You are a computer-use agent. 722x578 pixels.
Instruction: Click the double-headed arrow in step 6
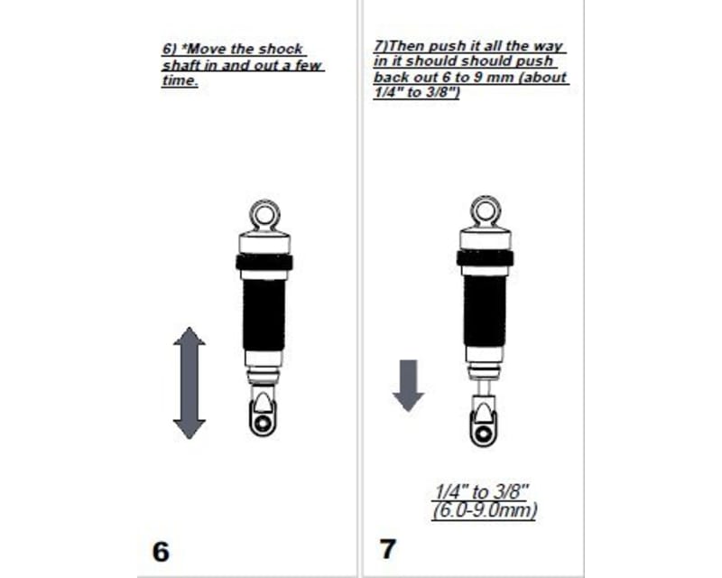pos(190,384)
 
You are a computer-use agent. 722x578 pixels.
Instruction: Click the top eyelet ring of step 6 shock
pos(264,215)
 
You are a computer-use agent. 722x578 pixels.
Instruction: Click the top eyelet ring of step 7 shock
pos(486,210)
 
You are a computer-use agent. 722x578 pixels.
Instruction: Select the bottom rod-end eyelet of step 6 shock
pos(263,422)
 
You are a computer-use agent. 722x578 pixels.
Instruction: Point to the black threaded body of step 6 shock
pos(264,312)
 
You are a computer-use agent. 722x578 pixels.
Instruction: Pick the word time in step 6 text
pos(179,82)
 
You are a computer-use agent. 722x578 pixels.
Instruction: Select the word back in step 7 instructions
pos(390,78)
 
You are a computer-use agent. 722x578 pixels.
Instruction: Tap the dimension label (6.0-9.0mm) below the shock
pos(485,510)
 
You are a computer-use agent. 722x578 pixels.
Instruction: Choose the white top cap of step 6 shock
pos(264,242)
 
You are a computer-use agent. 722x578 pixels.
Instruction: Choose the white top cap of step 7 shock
pos(486,238)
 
